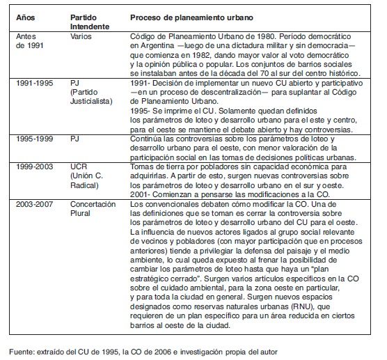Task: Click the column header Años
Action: [26, 15]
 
